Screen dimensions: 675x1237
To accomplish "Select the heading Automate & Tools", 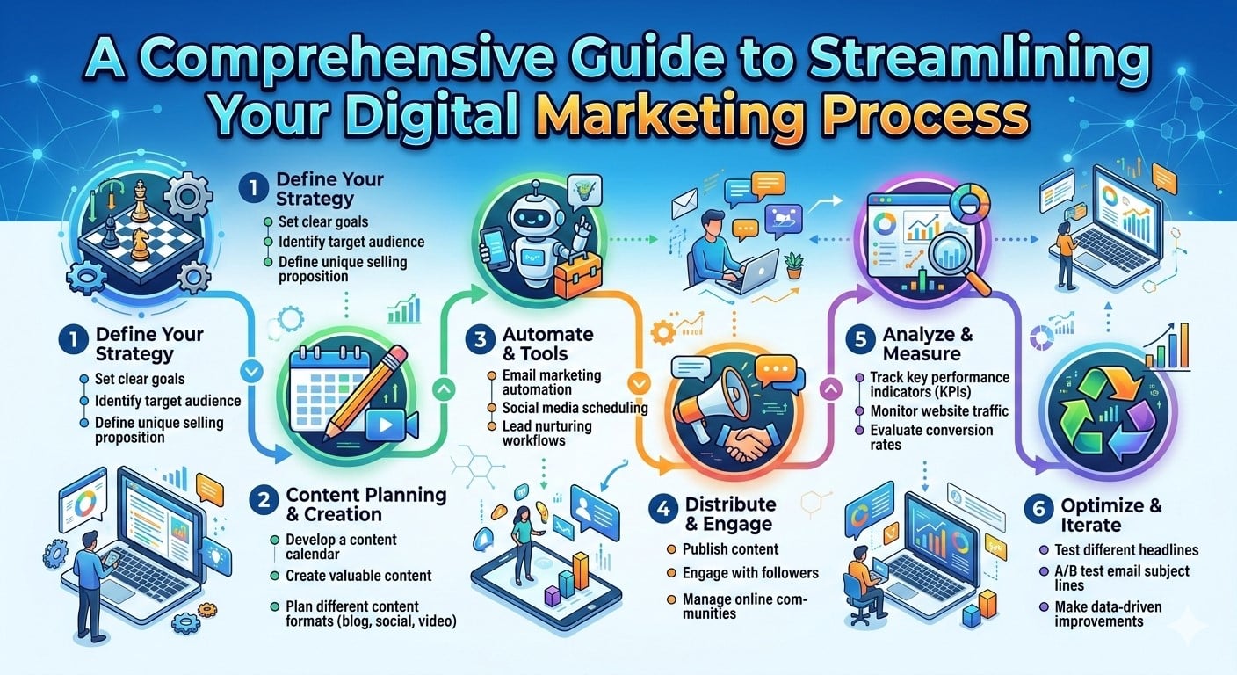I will [x=536, y=345].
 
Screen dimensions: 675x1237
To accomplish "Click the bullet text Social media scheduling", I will [x=575, y=408].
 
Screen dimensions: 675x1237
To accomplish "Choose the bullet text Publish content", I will [x=730, y=549].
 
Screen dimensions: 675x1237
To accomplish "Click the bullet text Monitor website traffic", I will [x=939, y=410].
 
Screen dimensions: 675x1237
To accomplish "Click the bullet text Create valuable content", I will [x=358, y=576].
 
